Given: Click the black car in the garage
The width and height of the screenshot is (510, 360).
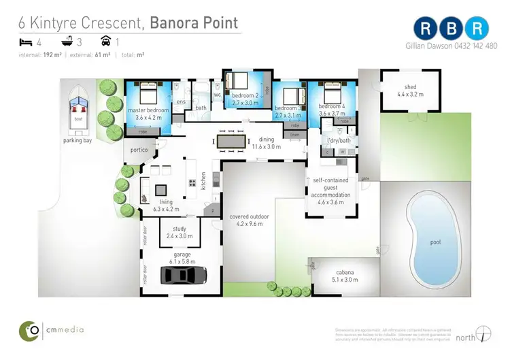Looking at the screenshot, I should (x=184, y=275).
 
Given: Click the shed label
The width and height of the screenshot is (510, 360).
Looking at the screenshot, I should (x=410, y=91).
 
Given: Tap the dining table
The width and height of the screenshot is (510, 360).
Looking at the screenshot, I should (x=232, y=140).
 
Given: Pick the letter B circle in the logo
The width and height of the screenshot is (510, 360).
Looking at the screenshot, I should (x=452, y=27).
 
